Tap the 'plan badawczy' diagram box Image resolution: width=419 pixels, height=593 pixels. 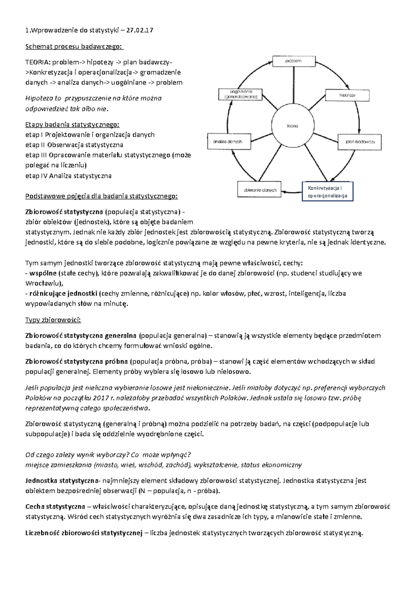pos(360,142)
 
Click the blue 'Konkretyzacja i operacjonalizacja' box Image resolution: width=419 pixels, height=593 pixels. pos(328,192)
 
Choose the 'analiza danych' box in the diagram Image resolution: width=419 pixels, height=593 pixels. pos(229,142)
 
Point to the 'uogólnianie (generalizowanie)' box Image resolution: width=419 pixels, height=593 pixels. pos(241,94)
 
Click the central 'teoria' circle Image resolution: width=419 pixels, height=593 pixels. pos(293,126)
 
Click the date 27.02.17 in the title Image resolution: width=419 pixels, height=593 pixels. pos(140,30)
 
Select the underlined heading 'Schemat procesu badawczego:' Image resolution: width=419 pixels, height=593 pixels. pos(74,46)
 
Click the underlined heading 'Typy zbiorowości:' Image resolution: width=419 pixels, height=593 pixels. pos(53,320)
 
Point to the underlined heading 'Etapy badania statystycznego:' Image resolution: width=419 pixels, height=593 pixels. pos(72,125)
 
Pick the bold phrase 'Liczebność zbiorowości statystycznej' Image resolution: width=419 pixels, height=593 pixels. pos(84,533)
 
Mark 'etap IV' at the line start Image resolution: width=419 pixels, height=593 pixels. pos(36,176)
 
